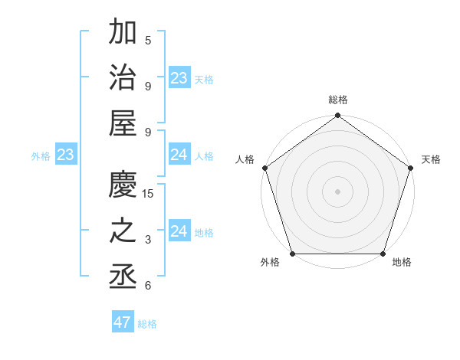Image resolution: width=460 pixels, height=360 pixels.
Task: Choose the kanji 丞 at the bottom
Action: coord(123,277)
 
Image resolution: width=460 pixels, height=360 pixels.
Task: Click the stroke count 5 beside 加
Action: coord(148,40)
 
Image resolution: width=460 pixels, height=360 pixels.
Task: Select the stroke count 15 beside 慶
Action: coord(148,193)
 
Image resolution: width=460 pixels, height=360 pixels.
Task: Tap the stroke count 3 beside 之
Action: coord(148,240)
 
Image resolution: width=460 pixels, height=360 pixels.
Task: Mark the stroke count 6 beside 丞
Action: coord(148,286)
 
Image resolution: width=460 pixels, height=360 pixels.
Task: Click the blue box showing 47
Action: coord(123,322)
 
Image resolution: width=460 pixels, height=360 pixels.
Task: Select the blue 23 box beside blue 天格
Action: coord(179,78)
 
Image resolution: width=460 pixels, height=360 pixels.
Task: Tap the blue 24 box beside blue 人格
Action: coord(179,155)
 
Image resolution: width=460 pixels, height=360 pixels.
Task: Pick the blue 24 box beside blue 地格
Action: coord(179,231)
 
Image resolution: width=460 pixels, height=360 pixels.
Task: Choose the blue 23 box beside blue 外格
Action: coord(65,155)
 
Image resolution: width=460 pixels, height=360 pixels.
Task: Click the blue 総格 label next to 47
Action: coord(148,324)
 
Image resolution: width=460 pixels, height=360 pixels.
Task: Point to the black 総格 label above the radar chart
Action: coord(338,100)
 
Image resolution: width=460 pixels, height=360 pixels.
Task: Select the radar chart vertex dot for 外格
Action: coord(293,254)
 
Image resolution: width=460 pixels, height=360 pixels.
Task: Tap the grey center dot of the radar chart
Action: coord(337,191)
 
